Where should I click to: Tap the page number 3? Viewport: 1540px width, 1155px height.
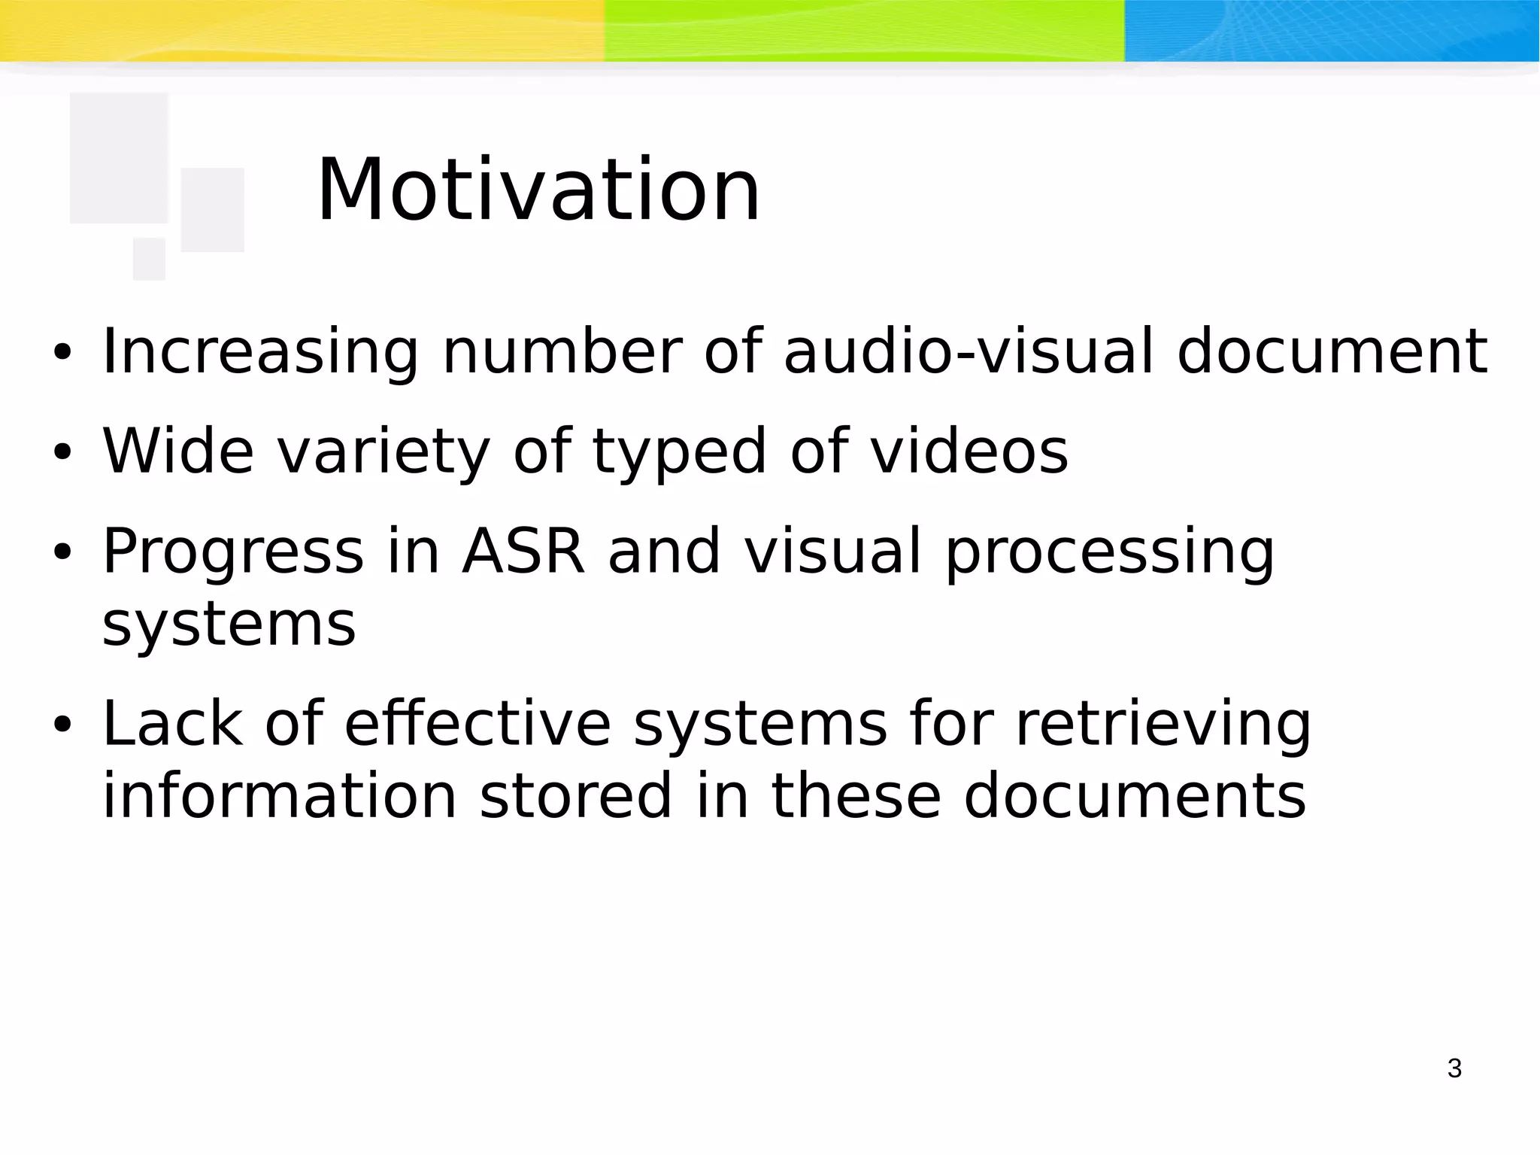(x=1454, y=1068)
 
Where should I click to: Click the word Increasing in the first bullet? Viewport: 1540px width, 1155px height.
(x=260, y=352)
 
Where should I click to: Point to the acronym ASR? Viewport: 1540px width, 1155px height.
(x=523, y=551)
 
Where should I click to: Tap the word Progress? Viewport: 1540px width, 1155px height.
(x=233, y=552)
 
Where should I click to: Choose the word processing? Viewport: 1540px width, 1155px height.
(x=1109, y=552)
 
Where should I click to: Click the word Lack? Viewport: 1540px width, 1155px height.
(x=172, y=723)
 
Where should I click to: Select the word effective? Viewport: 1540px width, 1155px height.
(x=477, y=723)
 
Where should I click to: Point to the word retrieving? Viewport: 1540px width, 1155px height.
(x=1163, y=725)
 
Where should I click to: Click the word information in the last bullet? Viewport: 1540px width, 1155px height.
(x=280, y=796)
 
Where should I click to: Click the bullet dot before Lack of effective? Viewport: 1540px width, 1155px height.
(x=62, y=725)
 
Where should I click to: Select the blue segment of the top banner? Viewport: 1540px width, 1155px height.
(x=1331, y=30)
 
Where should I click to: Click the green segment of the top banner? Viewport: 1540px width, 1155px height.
(x=865, y=30)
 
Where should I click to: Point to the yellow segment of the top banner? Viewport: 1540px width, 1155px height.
(x=301, y=30)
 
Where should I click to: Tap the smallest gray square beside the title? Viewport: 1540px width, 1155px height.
(x=149, y=259)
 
